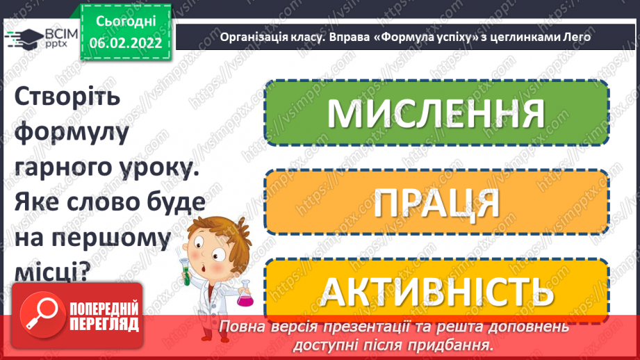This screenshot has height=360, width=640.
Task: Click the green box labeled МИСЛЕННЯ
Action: tap(436, 113)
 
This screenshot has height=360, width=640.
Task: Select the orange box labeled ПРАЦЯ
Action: tap(436, 202)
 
